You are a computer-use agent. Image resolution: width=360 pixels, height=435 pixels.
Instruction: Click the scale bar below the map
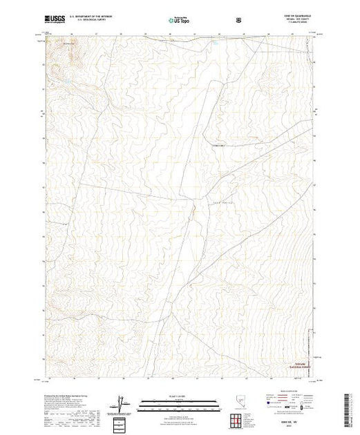coord(179,401)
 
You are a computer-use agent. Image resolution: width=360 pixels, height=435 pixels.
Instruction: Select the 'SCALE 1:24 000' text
coord(179,396)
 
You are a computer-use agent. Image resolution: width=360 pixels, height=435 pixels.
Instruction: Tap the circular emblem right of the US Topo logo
coord(240,21)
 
